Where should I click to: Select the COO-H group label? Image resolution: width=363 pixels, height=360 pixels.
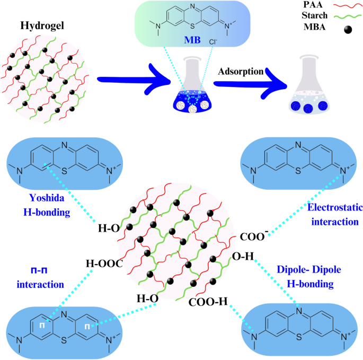208,302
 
